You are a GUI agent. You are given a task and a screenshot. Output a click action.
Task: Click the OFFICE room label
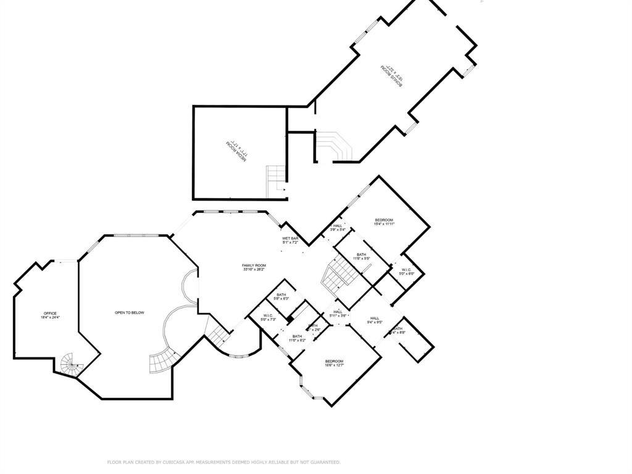click(x=50, y=314)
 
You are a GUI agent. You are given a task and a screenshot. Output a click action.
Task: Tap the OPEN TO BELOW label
click(x=130, y=313)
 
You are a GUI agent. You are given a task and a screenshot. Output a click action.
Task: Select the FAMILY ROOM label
click(x=253, y=265)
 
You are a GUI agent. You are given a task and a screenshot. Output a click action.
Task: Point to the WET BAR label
click(x=291, y=239)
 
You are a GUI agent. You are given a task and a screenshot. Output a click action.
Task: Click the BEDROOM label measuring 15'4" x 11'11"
click(x=384, y=220)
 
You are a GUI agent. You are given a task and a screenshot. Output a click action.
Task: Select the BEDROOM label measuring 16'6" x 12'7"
click(x=335, y=361)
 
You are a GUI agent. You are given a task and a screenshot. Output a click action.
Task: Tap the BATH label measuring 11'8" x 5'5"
click(x=361, y=254)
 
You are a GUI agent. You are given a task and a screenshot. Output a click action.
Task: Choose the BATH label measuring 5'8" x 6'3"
click(x=281, y=295)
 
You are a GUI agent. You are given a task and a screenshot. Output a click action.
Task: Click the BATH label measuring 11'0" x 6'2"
click(x=297, y=336)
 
